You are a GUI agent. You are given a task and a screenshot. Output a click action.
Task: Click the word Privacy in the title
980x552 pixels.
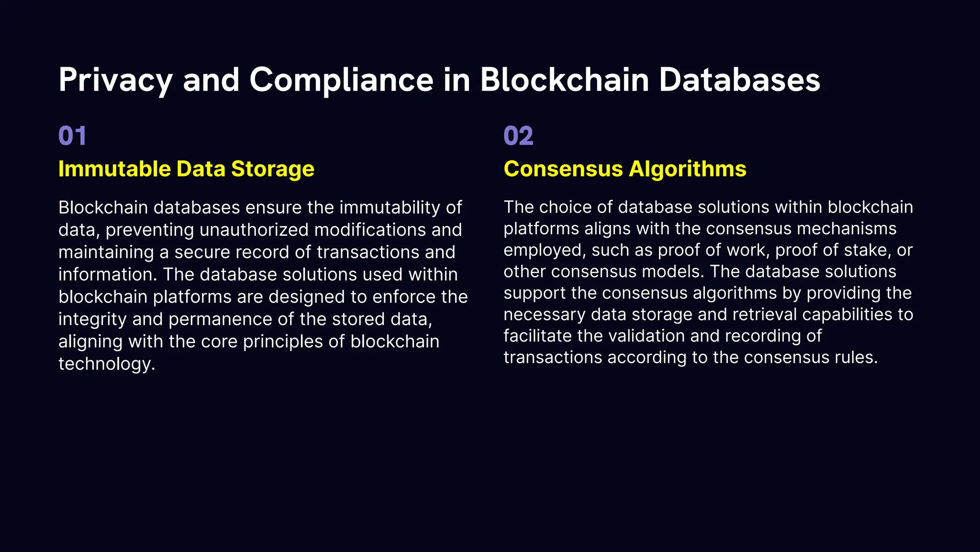[x=115, y=80]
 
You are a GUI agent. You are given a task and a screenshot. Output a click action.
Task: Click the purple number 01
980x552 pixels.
[x=72, y=136]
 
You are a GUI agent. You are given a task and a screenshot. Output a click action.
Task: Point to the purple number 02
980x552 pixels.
[x=518, y=136]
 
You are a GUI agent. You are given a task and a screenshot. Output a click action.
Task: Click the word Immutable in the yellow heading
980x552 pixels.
[x=114, y=169]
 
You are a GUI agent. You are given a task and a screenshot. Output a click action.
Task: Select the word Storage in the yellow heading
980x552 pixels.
[x=273, y=169]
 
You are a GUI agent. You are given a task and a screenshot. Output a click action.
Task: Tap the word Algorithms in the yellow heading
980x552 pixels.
[x=688, y=169]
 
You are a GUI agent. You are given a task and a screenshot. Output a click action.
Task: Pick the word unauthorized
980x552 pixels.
[x=254, y=230]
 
